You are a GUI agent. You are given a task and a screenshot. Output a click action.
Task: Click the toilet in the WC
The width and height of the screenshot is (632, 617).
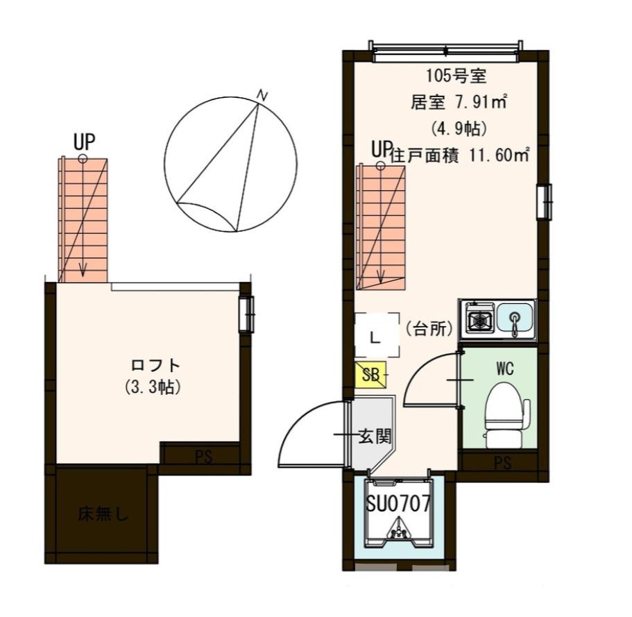[x=504, y=414]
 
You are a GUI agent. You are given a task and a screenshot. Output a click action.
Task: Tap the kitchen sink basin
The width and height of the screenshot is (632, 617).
[x=514, y=319]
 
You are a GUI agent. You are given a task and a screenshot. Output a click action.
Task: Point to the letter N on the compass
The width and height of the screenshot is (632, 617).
[x=262, y=94]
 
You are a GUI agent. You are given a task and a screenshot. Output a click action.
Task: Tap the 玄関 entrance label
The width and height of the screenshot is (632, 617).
[x=375, y=437]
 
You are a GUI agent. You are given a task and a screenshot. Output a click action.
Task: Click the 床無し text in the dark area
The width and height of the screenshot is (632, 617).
[x=103, y=515]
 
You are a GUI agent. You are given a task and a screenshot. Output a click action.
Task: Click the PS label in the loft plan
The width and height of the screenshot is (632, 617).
[x=203, y=457]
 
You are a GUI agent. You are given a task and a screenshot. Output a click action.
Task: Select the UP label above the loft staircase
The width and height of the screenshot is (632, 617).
[x=84, y=142]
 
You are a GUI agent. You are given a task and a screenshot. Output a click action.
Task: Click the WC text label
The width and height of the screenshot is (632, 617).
[x=504, y=369]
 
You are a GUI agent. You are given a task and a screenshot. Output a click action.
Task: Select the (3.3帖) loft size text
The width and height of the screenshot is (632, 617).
[x=155, y=387]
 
